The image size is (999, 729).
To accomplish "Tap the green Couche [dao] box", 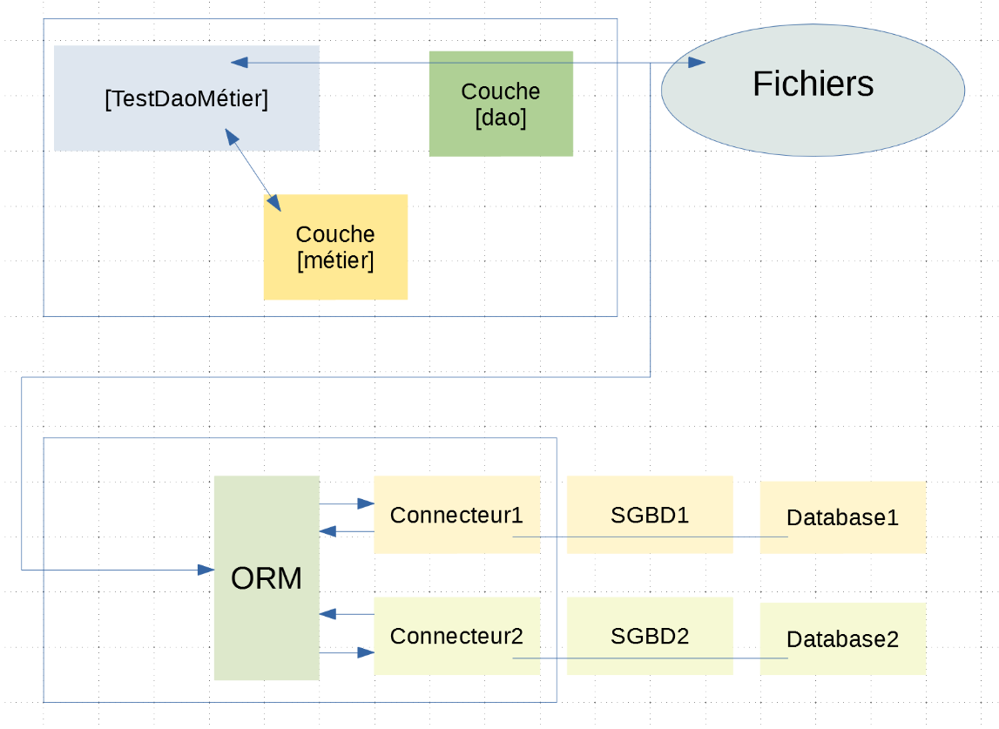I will tap(501, 104).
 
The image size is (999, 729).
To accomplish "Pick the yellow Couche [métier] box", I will tap(335, 247).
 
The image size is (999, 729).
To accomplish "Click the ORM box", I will tap(266, 577).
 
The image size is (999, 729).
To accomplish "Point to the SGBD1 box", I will tap(650, 515).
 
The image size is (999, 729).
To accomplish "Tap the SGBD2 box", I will tap(650, 637).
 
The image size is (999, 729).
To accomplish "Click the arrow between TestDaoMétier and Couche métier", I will tap(253, 171).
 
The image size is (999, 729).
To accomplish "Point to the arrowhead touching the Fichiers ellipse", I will tap(697, 63).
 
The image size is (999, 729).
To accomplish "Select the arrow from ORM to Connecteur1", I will tap(347, 503).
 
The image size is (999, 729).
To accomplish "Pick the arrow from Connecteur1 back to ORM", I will tap(347, 530).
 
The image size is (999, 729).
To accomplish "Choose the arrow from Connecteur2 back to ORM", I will tap(347, 614).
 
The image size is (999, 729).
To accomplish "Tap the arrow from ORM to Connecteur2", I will tap(347, 652).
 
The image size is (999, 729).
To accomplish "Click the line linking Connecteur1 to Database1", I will tap(650, 537).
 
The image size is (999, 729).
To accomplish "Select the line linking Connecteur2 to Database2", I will tap(650, 658).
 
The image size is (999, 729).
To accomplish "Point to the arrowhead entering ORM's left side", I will tap(206, 570).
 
